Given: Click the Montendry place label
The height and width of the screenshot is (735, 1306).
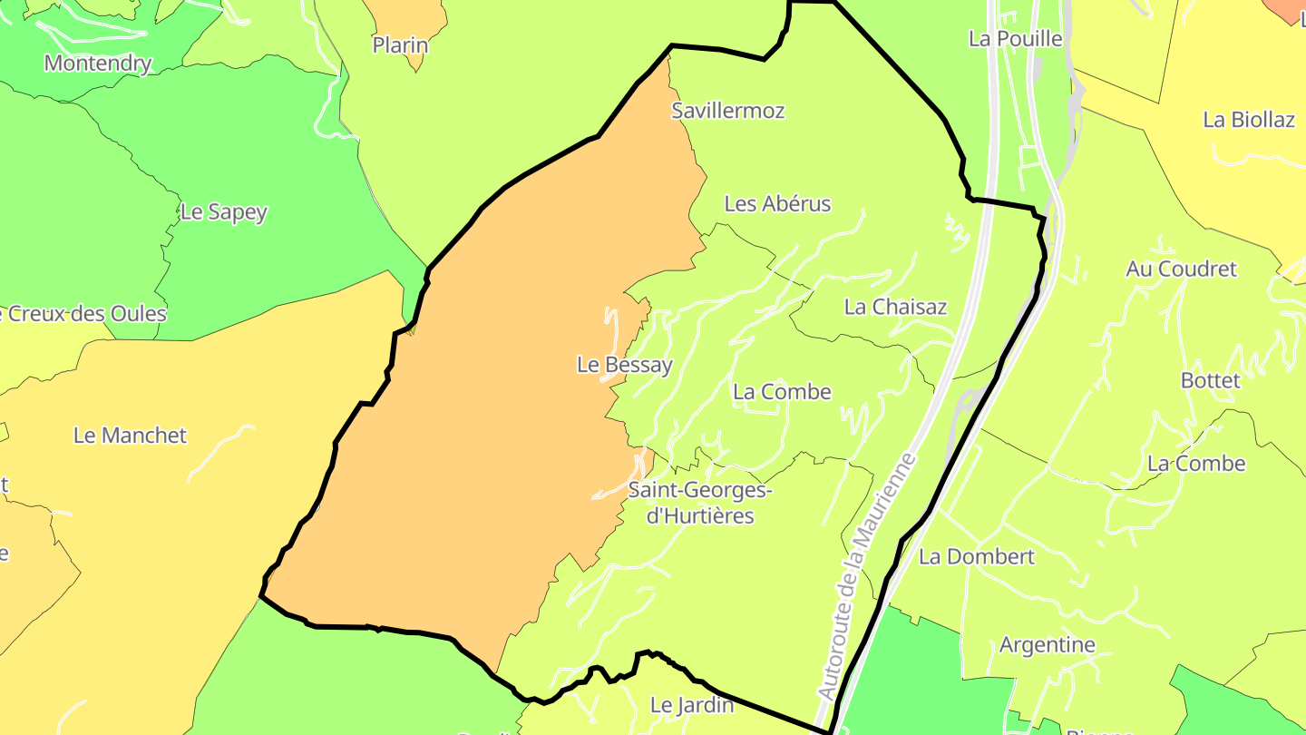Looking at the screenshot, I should point(97,64).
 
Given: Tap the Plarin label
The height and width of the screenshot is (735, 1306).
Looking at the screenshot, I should point(400,44).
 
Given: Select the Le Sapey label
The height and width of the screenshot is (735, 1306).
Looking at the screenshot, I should point(224,212).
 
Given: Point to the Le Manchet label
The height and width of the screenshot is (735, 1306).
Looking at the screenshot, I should point(130,436).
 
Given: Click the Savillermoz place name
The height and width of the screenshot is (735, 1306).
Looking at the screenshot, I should point(727,111).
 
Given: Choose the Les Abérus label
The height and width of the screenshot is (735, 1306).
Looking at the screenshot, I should point(777,204).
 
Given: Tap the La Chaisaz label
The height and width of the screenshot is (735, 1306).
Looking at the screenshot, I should point(895,307).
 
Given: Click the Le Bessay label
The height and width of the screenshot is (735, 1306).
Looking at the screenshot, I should point(625,365).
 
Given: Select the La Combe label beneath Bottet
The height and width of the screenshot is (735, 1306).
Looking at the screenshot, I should point(1196,464).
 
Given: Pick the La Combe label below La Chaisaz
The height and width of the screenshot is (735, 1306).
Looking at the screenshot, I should point(782,392).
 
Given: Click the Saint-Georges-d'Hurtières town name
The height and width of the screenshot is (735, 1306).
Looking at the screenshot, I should point(699,504).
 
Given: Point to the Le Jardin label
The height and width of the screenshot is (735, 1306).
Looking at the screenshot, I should point(692,704).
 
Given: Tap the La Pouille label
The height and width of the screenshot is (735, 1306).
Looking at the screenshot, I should point(1015,39).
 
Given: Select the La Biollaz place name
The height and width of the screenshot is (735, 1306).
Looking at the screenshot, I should point(1249,120).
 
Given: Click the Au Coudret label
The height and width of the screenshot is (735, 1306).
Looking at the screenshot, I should point(1181,269).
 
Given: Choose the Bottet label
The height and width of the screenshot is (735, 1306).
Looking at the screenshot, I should point(1210,380).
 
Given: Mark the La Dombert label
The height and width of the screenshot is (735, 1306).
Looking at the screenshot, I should point(977,556).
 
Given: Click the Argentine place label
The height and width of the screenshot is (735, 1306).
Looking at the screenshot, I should point(1047,645).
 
